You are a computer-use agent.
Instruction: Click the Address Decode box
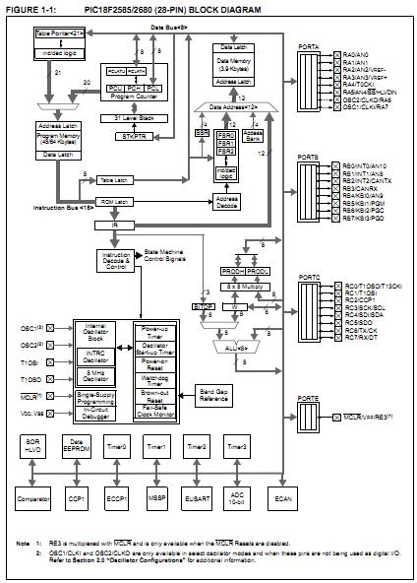point(227,200)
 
